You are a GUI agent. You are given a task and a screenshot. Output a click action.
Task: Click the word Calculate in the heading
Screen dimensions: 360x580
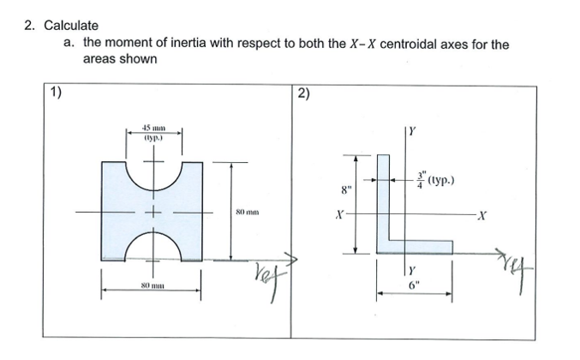coord(71,26)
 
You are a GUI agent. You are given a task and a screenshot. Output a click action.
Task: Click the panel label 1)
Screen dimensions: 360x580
coord(56,93)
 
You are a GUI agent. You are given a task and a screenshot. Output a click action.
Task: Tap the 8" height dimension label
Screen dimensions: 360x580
coord(345,189)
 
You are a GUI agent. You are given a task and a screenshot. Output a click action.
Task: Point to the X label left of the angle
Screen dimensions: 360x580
coord(339,215)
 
